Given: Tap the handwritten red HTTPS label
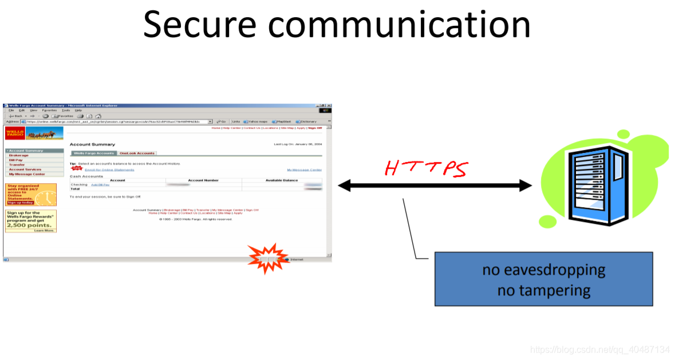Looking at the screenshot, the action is tap(426, 168).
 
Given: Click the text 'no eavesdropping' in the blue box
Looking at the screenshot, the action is tap(543, 269).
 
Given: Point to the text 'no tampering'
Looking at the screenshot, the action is tap(543, 290).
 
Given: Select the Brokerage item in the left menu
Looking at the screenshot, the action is tap(19, 155).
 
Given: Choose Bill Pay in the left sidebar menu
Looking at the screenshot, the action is tap(16, 160).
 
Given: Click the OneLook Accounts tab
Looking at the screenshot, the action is tap(137, 153).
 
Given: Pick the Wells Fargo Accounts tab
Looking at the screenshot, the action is tap(93, 153).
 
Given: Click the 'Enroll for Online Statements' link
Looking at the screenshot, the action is tap(109, 169).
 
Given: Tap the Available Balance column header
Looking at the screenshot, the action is tap(282, 180).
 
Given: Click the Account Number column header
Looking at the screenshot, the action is tap(203, 180).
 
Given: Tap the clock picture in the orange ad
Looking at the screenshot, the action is tap(48, 197).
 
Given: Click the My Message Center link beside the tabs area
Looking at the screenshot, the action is tap(304, 169).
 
